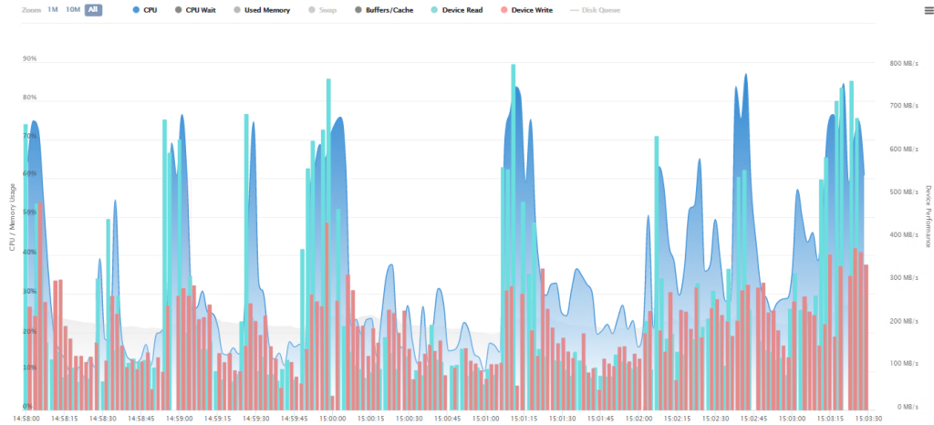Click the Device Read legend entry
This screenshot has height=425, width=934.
[x=460, y=9]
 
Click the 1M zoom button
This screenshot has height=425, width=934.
[x=53, y=9]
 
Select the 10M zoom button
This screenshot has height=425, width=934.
[x=73, y=9]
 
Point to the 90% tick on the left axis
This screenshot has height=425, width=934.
[x=29, y=58]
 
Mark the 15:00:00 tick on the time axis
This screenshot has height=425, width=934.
[x=332, y=418]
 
